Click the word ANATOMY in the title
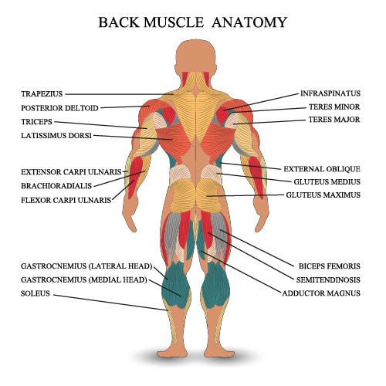coord(249,22)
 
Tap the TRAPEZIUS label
coord(42,94)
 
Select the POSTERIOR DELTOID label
coord(59,108)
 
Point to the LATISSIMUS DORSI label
coord(56,135)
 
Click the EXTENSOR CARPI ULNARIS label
coord(71,172)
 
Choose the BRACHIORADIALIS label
coord(56,186)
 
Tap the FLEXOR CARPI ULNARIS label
coord(66,200)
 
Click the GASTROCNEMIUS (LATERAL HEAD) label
coord(86,266)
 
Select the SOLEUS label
coord(36,293)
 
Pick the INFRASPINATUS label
coord(330,93)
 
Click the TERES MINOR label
coord(334,107)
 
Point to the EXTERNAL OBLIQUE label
coord(322,169)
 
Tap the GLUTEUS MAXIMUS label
coord(323,195)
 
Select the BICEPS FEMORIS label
coord(330,266)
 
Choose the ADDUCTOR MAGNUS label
coord(321,293)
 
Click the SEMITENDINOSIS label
coord(328,279)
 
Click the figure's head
coord(196,58)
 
